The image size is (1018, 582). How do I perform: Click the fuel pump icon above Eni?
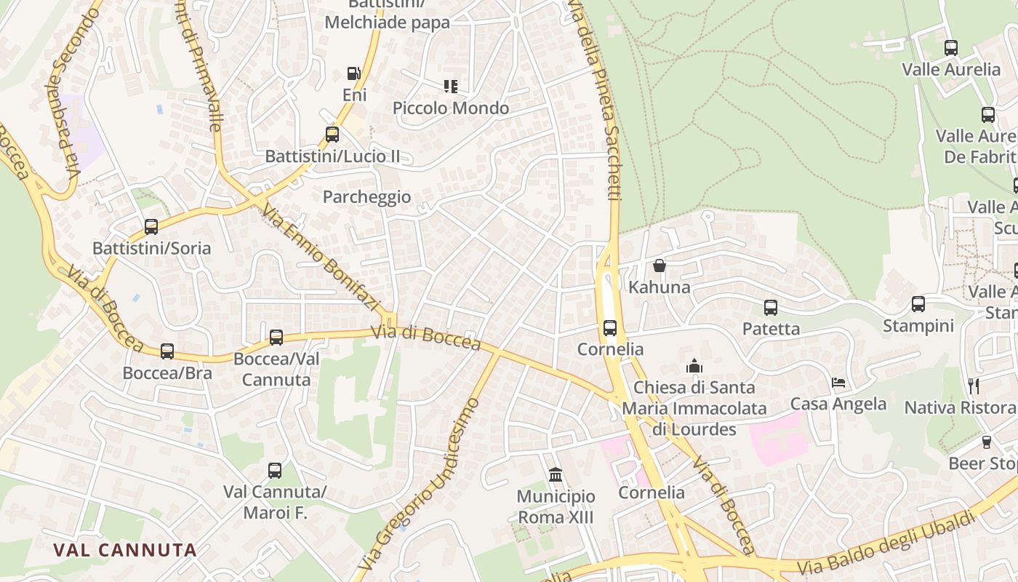point(353,73)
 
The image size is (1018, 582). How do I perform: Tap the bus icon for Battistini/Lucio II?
point(332,135)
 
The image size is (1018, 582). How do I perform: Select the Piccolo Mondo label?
point(451,108)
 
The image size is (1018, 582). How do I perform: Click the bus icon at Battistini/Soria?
point(151,226)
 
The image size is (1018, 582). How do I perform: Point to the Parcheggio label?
point(366,197)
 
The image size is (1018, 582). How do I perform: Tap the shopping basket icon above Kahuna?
point(660,266)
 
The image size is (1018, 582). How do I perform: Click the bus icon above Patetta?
point(771,308)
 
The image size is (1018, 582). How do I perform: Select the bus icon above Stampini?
point(918,304)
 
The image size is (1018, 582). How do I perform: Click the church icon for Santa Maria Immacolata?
point(694,365)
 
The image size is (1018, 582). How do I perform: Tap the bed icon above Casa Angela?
point(838,383)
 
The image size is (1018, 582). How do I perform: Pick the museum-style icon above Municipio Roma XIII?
point(556,475)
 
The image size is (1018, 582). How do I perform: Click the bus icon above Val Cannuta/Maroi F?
point(275,471)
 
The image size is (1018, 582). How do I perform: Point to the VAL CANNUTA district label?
point(125,550)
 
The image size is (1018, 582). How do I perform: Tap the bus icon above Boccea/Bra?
point(167,351)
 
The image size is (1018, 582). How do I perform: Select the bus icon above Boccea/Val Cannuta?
point(276,338)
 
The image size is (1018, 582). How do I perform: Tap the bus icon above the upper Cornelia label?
point(610,328)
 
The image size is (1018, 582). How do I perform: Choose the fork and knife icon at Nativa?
point(974,386)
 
